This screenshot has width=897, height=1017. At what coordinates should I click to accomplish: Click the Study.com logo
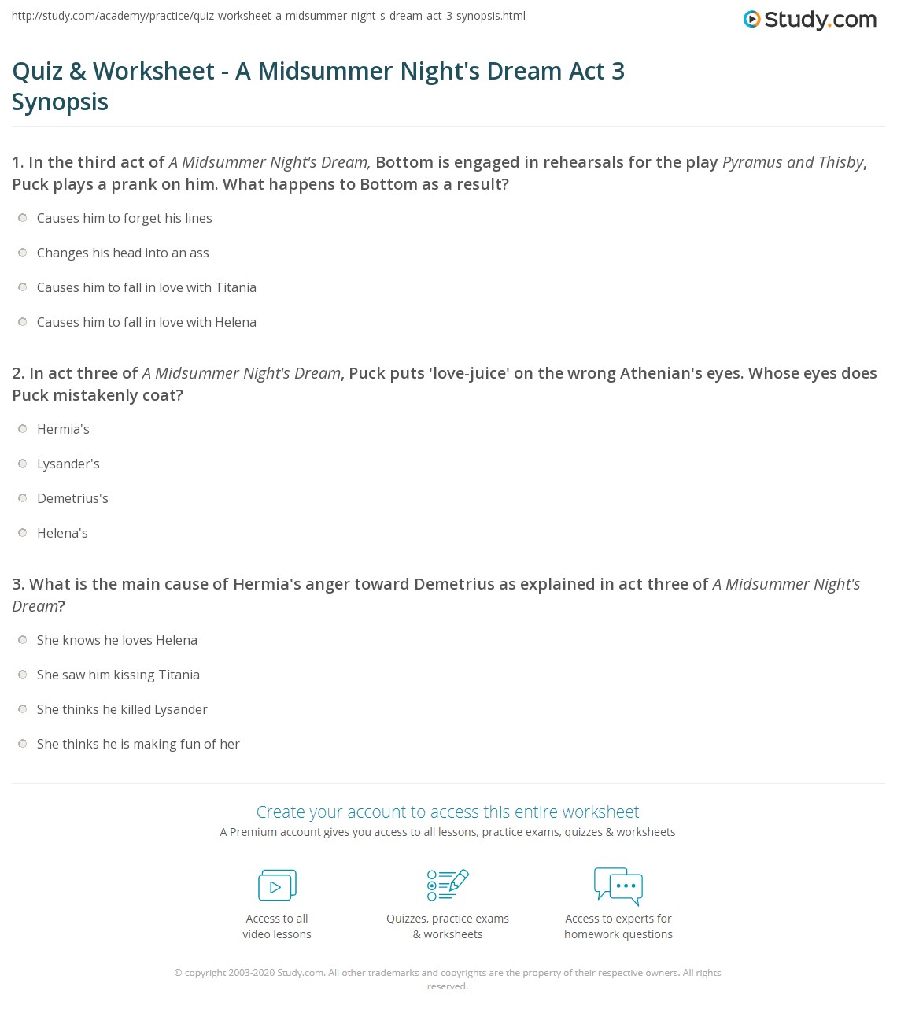pyautogui.click(x=810, y=19)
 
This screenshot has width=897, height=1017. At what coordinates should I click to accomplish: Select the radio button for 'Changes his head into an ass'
pyautogui.click(x=23, y=253)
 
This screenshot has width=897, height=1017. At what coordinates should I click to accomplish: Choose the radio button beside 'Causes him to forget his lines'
pyautogui.click(x=23, y=218)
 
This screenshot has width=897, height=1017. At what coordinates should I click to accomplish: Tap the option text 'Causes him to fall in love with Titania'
pyautogui.click(x=146, y=287)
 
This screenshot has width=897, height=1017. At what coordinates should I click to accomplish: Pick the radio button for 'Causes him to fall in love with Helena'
pyautogui.click(x=23, y=322)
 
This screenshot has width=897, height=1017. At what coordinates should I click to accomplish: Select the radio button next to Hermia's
pyautogui.click(x=23, y=429)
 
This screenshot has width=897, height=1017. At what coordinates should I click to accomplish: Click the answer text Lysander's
pyautogui.click(x=68, y=464)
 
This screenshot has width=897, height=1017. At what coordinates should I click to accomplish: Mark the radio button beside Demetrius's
pyautogui.click(x=23, y=498)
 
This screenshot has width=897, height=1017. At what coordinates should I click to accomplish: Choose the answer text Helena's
pyautogui.click(x=62, y=533)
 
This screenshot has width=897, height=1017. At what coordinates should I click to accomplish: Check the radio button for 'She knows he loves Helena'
pyautogui.click(x=23, y=640)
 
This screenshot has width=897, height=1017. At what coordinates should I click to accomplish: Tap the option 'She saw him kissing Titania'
pyautogui.click(x=118, y=675)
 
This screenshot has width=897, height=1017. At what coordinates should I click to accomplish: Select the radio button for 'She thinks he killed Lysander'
pyautogui.click(x=23, y=709)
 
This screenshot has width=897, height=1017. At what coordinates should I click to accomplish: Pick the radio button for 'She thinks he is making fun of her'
pyautogui.click(x=23, y=744)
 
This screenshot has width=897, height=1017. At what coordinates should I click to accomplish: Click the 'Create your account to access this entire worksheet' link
pyautogui.click(x=448, y=812)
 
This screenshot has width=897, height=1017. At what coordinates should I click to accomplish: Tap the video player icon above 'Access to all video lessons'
pyautogui.click(x=277, y=885)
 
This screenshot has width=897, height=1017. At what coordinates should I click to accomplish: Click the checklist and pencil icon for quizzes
pyautogui.click(x=448, y=885)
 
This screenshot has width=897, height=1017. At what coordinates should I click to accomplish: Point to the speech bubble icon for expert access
pyautogui.click(x=618, y=885)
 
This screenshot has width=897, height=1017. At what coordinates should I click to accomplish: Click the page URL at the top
pyautogui.click(x=268, y=16)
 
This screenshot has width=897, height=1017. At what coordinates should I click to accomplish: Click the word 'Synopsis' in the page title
pyautogui.click(x=61, y=102)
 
